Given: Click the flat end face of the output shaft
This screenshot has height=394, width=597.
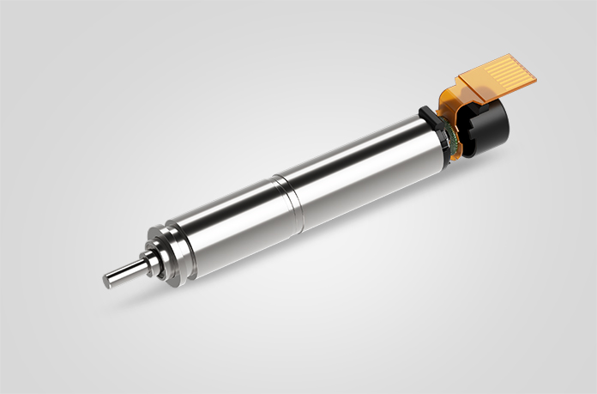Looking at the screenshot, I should pos(109,279).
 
